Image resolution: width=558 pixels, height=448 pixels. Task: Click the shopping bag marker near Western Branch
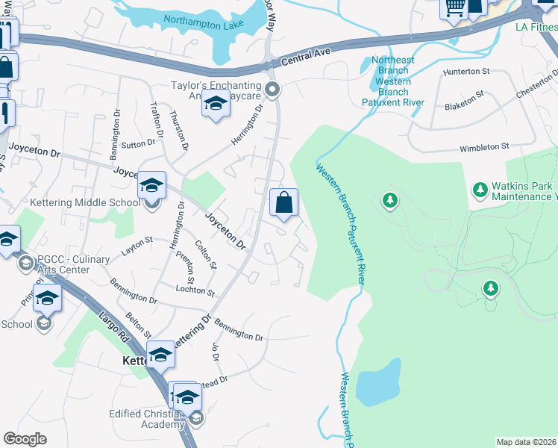coord(283,203)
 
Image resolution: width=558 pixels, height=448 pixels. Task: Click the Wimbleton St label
coord(483,148)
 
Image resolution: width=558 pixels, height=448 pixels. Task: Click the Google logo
coord(25,439)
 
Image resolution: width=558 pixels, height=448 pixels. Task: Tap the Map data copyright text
coord(526,442)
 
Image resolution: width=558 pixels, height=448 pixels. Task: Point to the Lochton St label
coord(195,290)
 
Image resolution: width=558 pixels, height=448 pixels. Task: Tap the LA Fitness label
coord(536,28)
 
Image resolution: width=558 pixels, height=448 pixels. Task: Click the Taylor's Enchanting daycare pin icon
coord(272,91)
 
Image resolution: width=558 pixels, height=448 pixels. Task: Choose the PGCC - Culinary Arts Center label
coord(74,264)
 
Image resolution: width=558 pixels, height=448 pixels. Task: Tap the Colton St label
coord(206,253)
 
